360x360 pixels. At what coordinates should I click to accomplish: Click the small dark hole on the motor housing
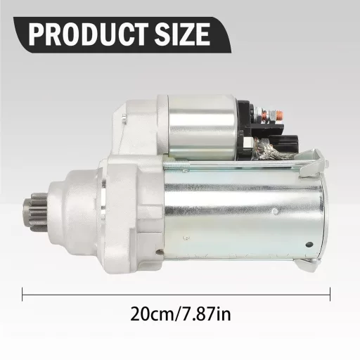308,244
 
